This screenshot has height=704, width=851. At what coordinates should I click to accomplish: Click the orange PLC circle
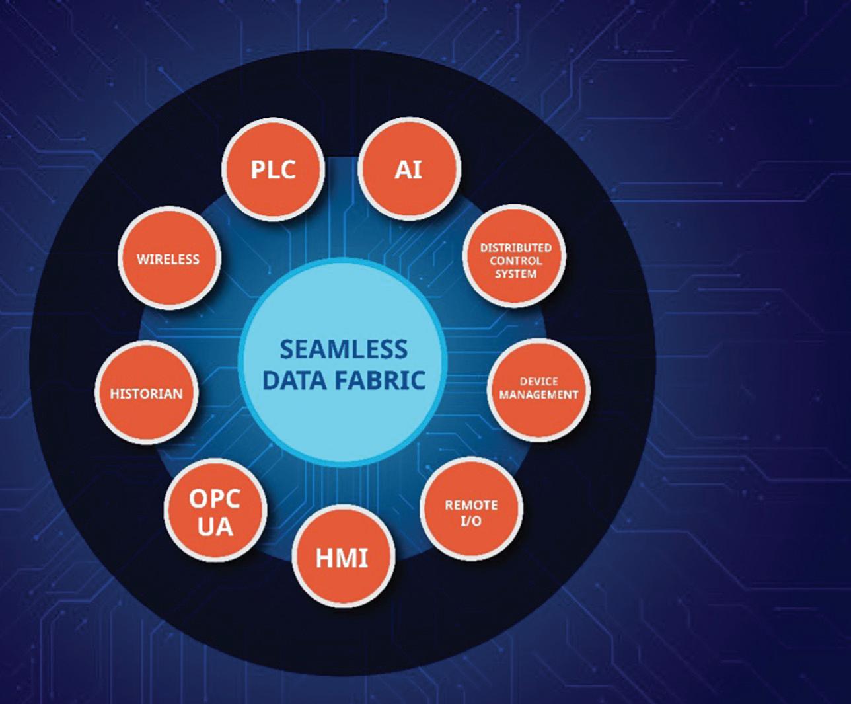click(x=274, y=170)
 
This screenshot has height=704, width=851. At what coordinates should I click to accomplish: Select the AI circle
click(x=408, y=170)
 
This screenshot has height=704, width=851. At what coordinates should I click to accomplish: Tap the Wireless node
click(x=168, y=258)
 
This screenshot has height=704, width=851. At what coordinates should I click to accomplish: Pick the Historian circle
click(x=146, y=393)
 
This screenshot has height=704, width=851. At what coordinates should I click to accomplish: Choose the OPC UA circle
click(x=215, y=512)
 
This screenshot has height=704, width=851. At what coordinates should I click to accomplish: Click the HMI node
click(x=342, y=558)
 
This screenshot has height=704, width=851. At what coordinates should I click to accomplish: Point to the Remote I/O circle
click(x=471, y=512)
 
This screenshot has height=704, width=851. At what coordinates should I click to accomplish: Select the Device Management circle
click(x=538, y=389)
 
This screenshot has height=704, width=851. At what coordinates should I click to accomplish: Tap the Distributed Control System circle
click(x=515, y=260)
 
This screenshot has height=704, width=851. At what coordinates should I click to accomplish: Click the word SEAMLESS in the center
click(x=344, y=349)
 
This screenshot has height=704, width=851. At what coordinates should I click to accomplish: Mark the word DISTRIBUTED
click(x=515, y=247)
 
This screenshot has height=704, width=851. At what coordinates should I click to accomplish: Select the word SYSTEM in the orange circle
click(x=515, y=273)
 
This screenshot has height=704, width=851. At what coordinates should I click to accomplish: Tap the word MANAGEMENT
click(x=538, y=395)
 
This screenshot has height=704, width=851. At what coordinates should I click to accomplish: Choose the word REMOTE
click(x=471, y=505)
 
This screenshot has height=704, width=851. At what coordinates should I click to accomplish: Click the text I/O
click(x=471, y=521)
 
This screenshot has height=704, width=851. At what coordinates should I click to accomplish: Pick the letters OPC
click(x=215, y=498)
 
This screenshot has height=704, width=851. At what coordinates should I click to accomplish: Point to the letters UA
click(x=215, y=527)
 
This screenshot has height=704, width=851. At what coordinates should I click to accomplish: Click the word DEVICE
click(x=538, y=381)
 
